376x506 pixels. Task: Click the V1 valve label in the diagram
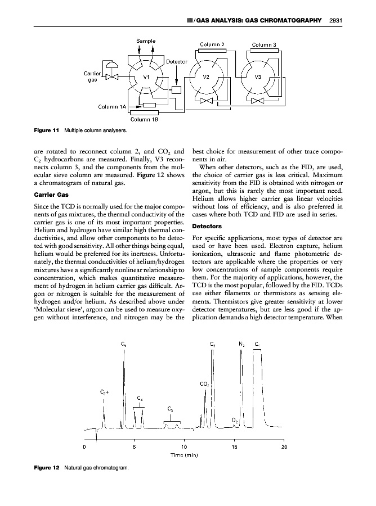pyautogui.click(x=146, y=77)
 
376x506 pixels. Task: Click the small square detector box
pyautogui.click(x=176, y=90)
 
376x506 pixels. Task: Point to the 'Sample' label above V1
pyautogui.click(x=146, y=41)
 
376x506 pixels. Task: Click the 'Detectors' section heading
pyautogui.click(x=209, y=226)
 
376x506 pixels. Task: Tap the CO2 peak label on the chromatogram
pyautogui.click(x=205, y=385)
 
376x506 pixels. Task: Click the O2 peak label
pyautogui.click(x=235, y=420)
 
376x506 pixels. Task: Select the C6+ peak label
pyautogui.click(x=104, y=391)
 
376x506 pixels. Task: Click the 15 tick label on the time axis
pyautogui.click(x=234, y=447)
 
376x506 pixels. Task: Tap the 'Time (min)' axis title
pyautogui.click(x=183, y=455)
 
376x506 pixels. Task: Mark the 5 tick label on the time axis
pyautogui.click(x=134, y=447)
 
